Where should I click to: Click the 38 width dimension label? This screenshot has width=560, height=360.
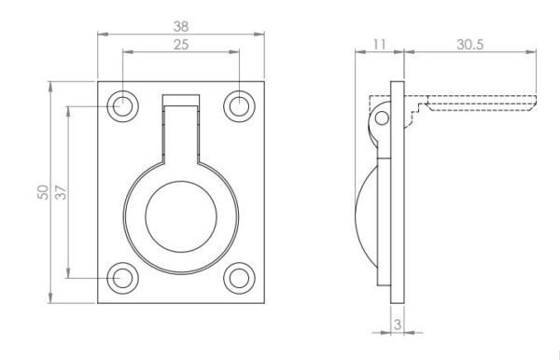(181, 26)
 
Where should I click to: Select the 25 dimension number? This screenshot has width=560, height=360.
(181, 45)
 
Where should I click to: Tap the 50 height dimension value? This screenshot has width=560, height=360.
(43, 192)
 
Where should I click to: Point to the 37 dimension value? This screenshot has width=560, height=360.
(61, 192)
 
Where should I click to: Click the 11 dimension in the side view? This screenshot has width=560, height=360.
(379, 45)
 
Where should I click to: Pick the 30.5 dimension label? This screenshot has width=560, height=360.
(470, 45)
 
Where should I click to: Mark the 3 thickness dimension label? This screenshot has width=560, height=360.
(398, 325)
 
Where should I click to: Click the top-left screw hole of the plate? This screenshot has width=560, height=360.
(122, 106)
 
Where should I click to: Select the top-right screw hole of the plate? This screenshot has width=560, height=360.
(239, 106)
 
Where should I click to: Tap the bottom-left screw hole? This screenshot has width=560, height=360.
(122, 278)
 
